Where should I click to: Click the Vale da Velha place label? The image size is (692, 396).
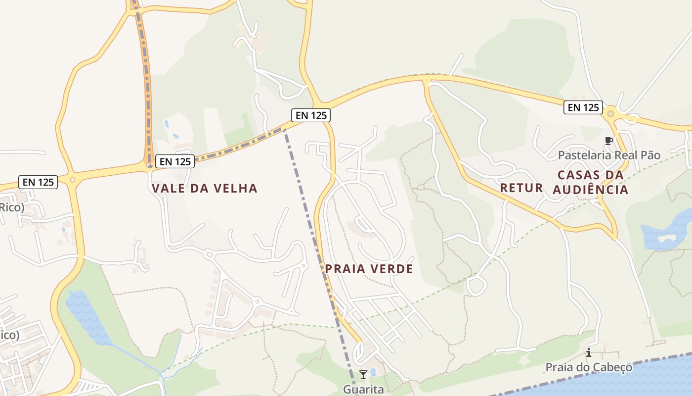click(205, 188)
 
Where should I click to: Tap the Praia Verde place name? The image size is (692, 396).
click(369, 269)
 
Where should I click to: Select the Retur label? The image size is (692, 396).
click(521, 188)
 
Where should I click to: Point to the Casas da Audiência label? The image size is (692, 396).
click(590, 182)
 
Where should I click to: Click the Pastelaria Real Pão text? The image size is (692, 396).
click(609, 155)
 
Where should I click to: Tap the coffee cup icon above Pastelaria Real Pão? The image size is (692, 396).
click(608, 141)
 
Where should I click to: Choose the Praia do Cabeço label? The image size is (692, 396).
click(589, 367)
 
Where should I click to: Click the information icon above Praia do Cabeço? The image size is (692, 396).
click(589, 353)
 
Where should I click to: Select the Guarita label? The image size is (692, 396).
click(363, 389)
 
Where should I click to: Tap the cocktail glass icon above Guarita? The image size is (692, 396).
click(363, 374)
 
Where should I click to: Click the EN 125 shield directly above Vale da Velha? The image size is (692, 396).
click(175, 161)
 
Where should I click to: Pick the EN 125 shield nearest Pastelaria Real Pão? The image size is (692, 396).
click(583, 107)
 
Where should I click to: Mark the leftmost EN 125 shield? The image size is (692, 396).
click(39, 182)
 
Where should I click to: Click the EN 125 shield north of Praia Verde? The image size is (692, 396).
click(310, 115)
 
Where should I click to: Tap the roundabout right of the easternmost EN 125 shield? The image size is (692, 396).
click(610, 114)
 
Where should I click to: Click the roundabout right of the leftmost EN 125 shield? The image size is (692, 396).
click(73, 180)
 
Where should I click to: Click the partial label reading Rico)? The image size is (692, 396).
click(11, 207)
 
